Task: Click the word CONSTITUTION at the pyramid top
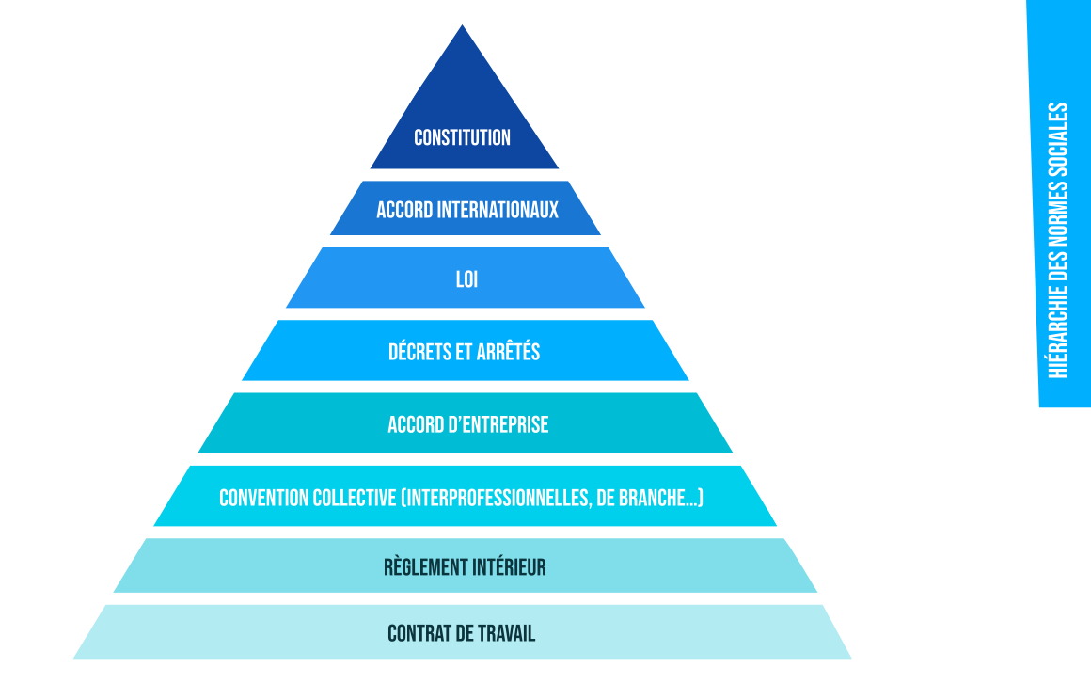[x=462, y=137]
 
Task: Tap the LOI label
[x=466, y=279]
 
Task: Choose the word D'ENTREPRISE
[x=498, y=424]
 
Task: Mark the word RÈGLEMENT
[x=426, y=567]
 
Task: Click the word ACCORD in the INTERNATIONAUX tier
[x=403, y=209]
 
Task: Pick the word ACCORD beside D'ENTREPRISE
[x=415, y=424]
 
